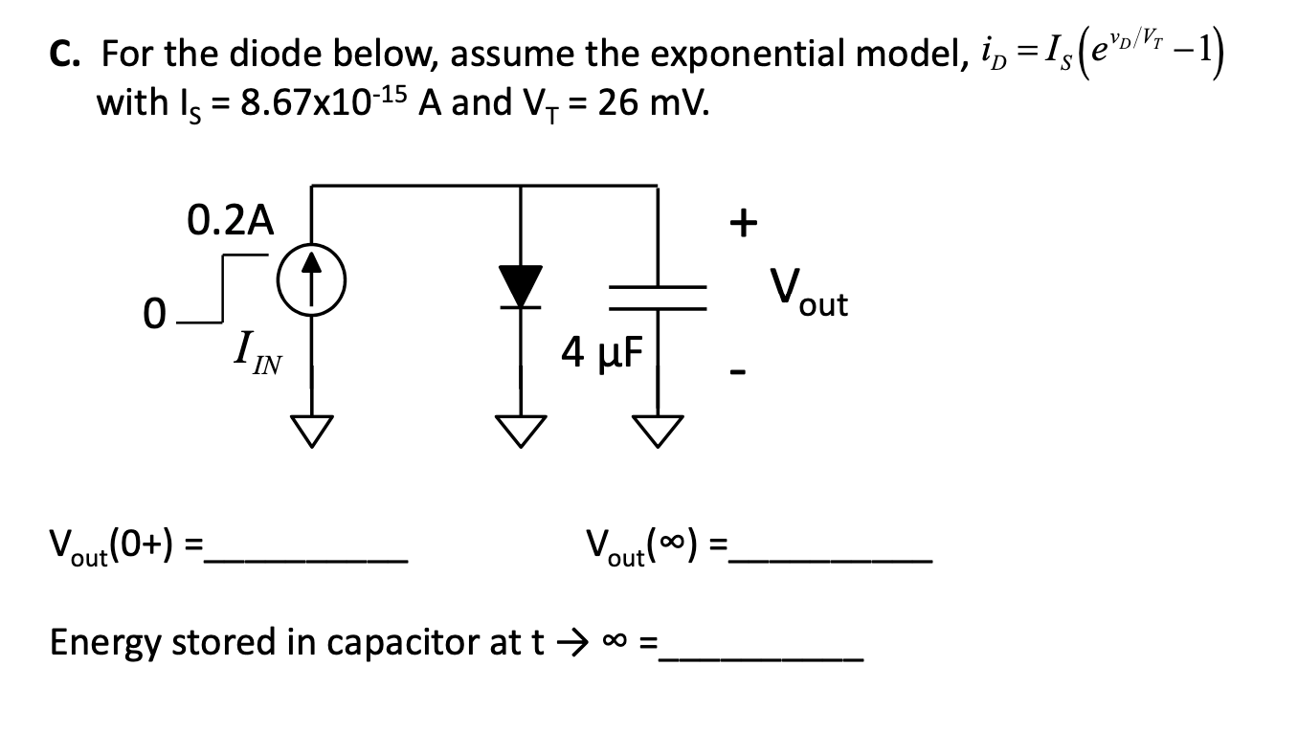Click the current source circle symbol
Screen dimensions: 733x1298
pyautogui.click(x=309, y=285)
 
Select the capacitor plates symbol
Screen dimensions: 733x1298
pyautogui.click(x=657, y=298)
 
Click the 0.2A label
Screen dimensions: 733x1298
pyautogui.click(x=230, y=221)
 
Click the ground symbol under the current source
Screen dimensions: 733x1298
pyautogui.click(x=309, y=432)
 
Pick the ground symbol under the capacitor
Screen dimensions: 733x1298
pyautogui.click(x=657, y=432)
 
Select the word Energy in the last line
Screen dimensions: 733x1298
pyautogui.click(x=106, y=644)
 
